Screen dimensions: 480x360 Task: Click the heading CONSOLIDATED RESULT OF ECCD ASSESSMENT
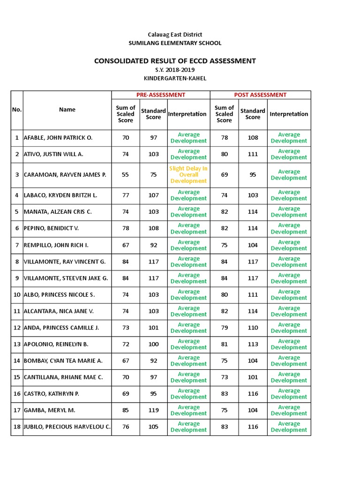tap(175, 60)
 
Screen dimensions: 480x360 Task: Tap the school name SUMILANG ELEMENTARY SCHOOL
tap(175, 43)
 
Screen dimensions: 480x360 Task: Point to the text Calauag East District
tap(175, 35)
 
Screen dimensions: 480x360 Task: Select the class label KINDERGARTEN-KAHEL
tap(175, 78)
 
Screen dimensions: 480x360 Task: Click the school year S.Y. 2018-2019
tap(175, 70)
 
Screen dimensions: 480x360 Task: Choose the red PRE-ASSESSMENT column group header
tap(160, 95)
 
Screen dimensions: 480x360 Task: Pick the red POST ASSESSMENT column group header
tap(260, 95)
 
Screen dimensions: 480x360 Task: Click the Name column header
tap(67, 110)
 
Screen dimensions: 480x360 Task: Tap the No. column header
tap(17, 110)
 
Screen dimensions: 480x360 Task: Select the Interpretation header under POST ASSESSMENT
tap(289, 114)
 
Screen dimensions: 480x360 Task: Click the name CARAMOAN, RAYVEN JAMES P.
tap(65, 175)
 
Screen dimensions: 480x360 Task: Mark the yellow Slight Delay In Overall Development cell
tap(188, 175)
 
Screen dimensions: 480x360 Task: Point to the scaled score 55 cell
tap(125, 175)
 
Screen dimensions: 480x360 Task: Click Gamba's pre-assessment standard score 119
tap(153, 411)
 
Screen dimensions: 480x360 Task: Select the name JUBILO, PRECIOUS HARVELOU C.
tap(67, 427)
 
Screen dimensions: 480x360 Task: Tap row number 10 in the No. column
tap(17, 295)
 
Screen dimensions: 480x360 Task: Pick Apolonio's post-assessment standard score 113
tap(253, 345)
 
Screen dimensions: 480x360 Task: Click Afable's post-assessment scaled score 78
tap(224, 138)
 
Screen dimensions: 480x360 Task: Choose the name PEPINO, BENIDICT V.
tap(52, 228)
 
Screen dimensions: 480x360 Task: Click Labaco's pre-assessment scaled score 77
tap(125, 195)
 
